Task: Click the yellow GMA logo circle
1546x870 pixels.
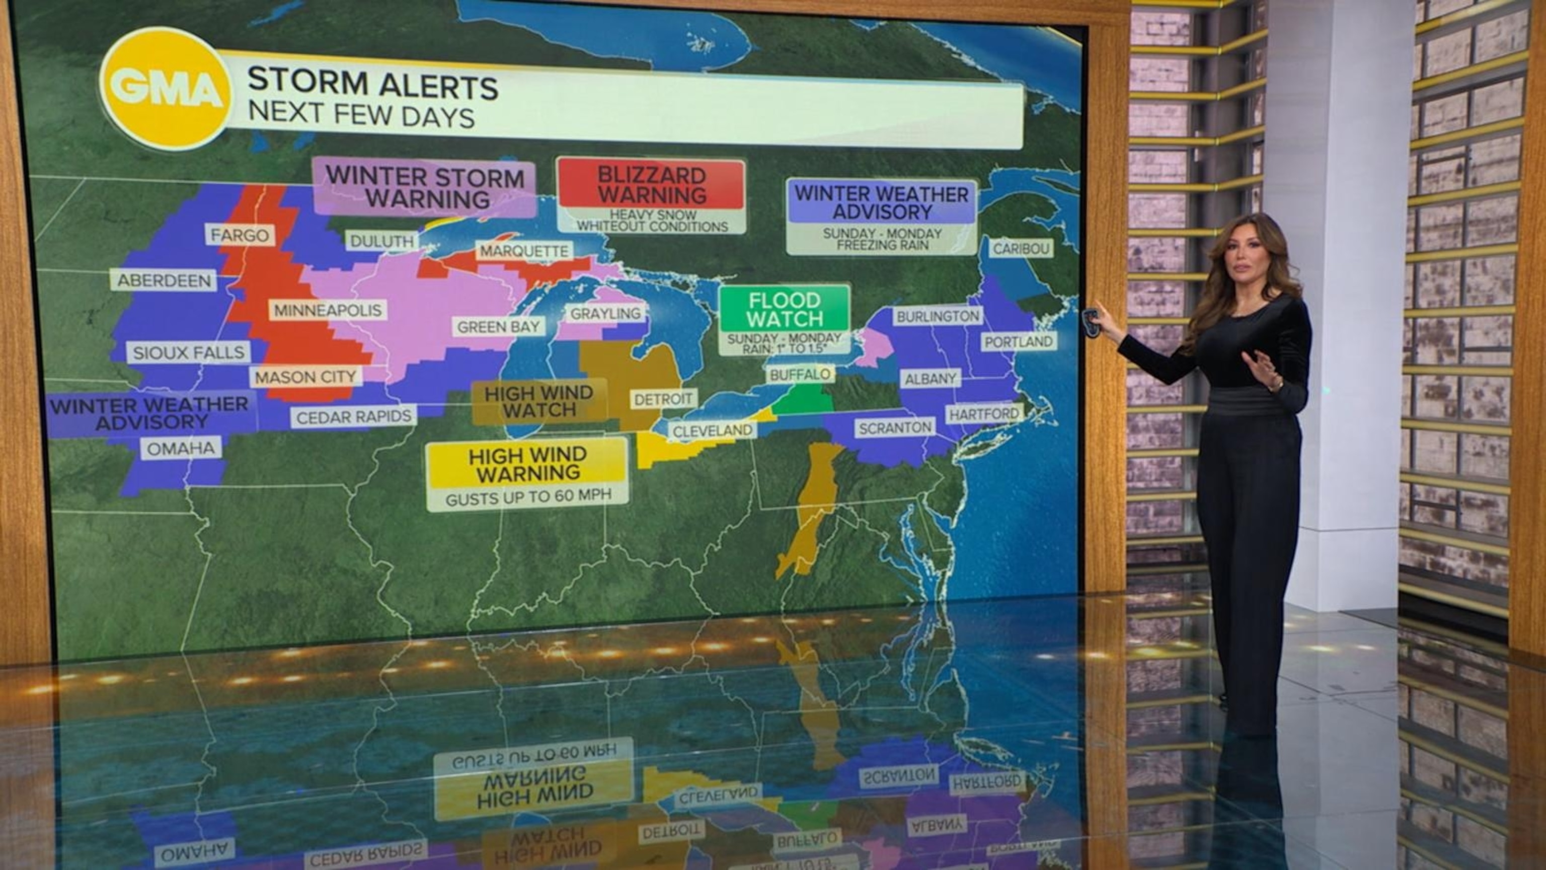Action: coord(166,89)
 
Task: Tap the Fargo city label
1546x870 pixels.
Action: coord(240,235)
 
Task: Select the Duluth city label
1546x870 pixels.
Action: coord(381,241)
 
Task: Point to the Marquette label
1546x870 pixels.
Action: coord(524,251)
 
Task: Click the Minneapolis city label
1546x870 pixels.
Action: coord(328,310)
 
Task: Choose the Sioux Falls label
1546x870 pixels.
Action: coord(188,352)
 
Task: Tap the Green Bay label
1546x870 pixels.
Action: coord(499,327)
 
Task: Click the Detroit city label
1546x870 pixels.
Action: coord(663,399)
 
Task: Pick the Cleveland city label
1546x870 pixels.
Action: coord(713,430)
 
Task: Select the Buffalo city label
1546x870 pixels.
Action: coord(800,375)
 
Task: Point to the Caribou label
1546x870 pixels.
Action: coord(1021,248)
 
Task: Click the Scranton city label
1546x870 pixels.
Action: coord(895,427)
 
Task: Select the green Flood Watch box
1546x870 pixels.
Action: coord(785,309)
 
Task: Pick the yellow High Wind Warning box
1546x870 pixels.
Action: coord(528,464)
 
